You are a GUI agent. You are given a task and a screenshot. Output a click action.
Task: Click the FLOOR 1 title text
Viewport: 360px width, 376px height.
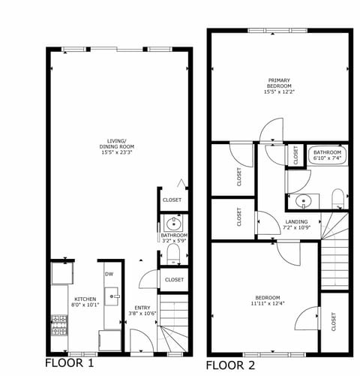click(x=70, y=362)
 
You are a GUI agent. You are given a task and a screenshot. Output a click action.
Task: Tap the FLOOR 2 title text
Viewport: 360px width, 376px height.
click(x=231, y=365)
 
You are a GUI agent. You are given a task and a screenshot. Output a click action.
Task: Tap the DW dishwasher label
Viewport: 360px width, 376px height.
click(x=109, y=274)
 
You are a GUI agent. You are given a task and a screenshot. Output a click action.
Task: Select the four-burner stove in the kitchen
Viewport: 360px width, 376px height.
click(x=58, y=324)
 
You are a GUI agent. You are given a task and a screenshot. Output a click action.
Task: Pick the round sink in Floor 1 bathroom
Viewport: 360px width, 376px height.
click(x=174, y=222)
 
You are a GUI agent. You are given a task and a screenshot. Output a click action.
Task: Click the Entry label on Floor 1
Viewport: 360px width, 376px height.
click(x=142, y=308)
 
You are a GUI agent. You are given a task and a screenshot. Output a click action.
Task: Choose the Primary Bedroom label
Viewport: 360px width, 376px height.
click(x=278, y=83)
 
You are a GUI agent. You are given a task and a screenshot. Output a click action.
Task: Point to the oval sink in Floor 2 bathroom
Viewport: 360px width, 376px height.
click(x=302, y=200)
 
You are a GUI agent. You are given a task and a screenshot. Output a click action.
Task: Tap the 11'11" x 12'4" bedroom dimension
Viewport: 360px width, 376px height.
click(x=266, y=303)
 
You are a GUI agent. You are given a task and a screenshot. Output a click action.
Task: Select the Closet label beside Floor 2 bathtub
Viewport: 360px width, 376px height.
click(x=295, y=155)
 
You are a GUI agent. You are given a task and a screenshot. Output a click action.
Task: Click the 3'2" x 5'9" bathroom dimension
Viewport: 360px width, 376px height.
click(x=174, y=241)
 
